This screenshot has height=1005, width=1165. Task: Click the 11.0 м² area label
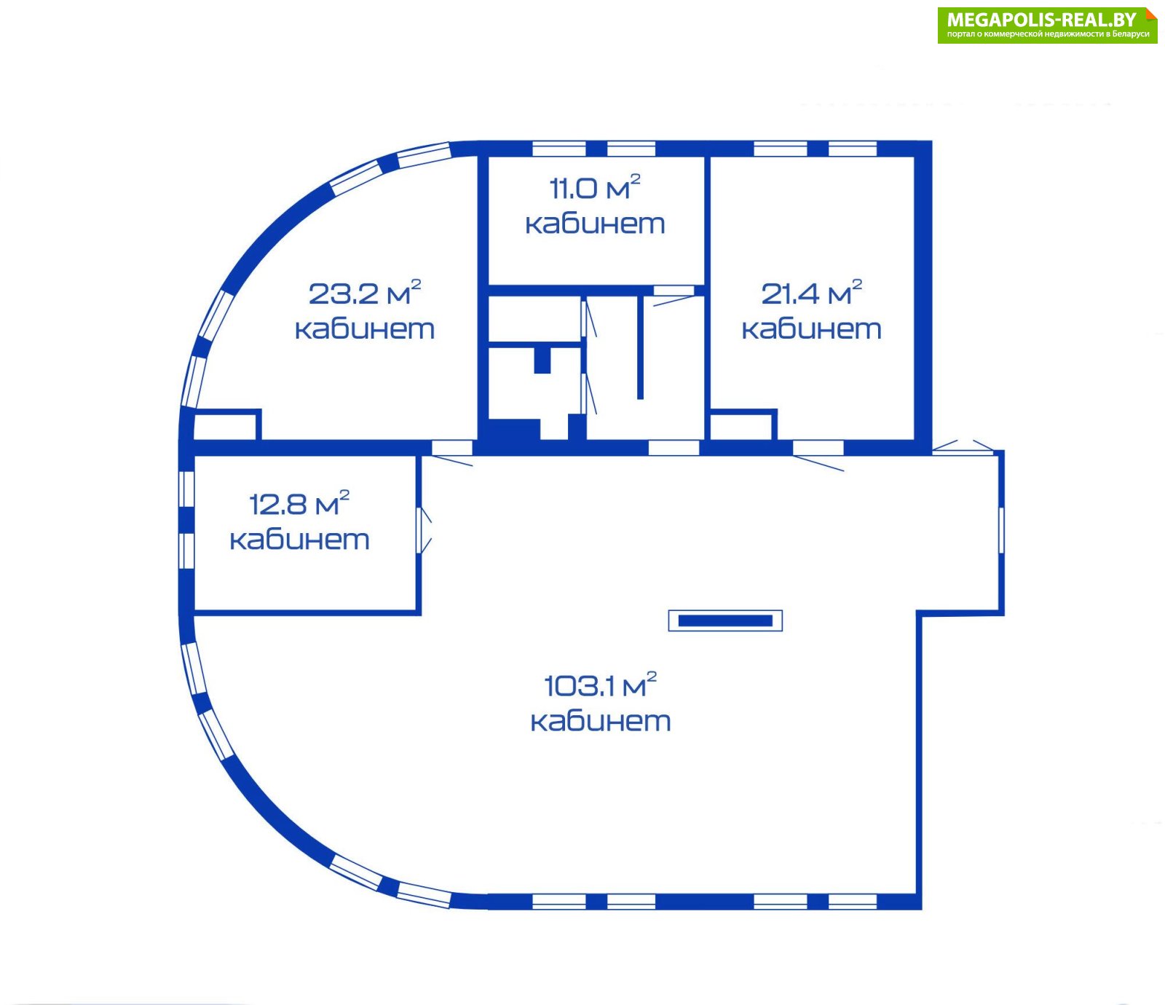click(595, 188)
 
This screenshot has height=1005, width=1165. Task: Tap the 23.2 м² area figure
click(365, 293)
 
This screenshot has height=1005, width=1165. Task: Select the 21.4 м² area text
click(812, 293)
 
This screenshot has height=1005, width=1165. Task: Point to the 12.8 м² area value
click(299, 503)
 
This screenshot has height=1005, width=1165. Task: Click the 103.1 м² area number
click(601, 685)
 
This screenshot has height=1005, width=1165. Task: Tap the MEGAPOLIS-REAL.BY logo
click(1047, 25)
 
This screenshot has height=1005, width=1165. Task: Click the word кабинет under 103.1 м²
click(601, 721)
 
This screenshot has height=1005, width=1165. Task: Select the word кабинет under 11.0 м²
click(595, 224)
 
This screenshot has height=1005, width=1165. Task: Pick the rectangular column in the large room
click(725, 620)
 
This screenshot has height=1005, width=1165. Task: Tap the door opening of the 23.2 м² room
click(453, 448)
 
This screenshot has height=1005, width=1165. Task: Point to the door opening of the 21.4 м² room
click(818, 448)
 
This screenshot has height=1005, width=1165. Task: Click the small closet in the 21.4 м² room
click(741, 426)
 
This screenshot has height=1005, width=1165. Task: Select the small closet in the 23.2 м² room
click(226, 426)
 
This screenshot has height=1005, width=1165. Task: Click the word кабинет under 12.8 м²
click(299, 540)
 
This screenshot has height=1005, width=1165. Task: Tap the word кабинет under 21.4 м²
click(812, 329)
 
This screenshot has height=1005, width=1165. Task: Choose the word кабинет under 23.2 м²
click(365, 329)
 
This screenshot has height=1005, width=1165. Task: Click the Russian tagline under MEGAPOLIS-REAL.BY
click(1048, 34)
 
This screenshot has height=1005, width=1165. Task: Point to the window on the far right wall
click(1001, 529)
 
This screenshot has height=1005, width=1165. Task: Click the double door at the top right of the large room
click(963, 446)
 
